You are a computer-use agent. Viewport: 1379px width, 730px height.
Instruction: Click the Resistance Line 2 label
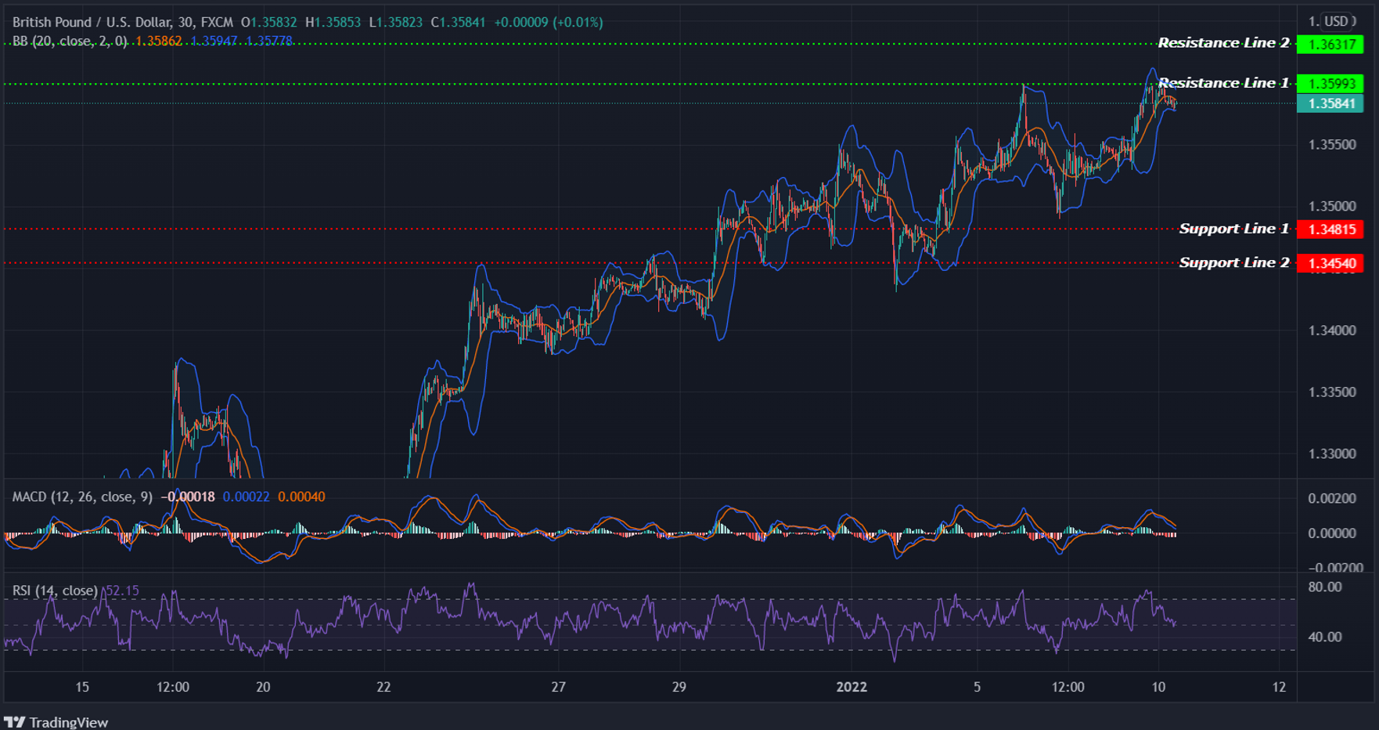click(1223, 43)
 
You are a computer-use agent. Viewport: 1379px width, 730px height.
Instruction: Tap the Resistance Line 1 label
click(1223, 83)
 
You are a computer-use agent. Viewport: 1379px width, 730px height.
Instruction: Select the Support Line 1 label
click(1233, 229)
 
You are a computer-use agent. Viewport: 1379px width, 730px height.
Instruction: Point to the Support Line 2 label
click(1233, 262)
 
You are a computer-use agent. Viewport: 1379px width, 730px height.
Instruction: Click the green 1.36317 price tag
click(1331, 44)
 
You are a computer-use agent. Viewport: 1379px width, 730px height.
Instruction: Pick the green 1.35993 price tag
click(1331, 83)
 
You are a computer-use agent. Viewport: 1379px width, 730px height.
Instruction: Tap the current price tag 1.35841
click(1331, 103)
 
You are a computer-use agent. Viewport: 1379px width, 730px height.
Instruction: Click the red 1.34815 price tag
click(1331, 229)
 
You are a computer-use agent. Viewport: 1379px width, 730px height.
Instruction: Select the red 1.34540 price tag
click(1331, 263)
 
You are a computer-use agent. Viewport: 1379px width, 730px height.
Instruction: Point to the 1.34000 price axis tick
click(1332, 331)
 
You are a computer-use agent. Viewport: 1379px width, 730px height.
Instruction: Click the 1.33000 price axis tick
click(1332, 454)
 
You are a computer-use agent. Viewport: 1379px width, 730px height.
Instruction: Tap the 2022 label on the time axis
click(852, 687)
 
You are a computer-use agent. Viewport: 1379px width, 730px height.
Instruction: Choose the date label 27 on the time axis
click(558, 687)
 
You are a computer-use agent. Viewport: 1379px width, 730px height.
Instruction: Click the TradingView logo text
click(68, 722)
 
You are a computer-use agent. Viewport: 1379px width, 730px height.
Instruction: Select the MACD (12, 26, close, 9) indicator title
click(82, 497)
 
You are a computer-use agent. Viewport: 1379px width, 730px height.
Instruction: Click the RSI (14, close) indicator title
click(55, 591)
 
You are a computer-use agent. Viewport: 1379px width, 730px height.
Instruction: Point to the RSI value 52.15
click(122, 591)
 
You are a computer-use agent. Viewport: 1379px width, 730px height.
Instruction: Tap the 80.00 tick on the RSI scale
click(1324, 587)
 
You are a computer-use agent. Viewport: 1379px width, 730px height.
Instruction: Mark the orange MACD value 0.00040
click(301, 497)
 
